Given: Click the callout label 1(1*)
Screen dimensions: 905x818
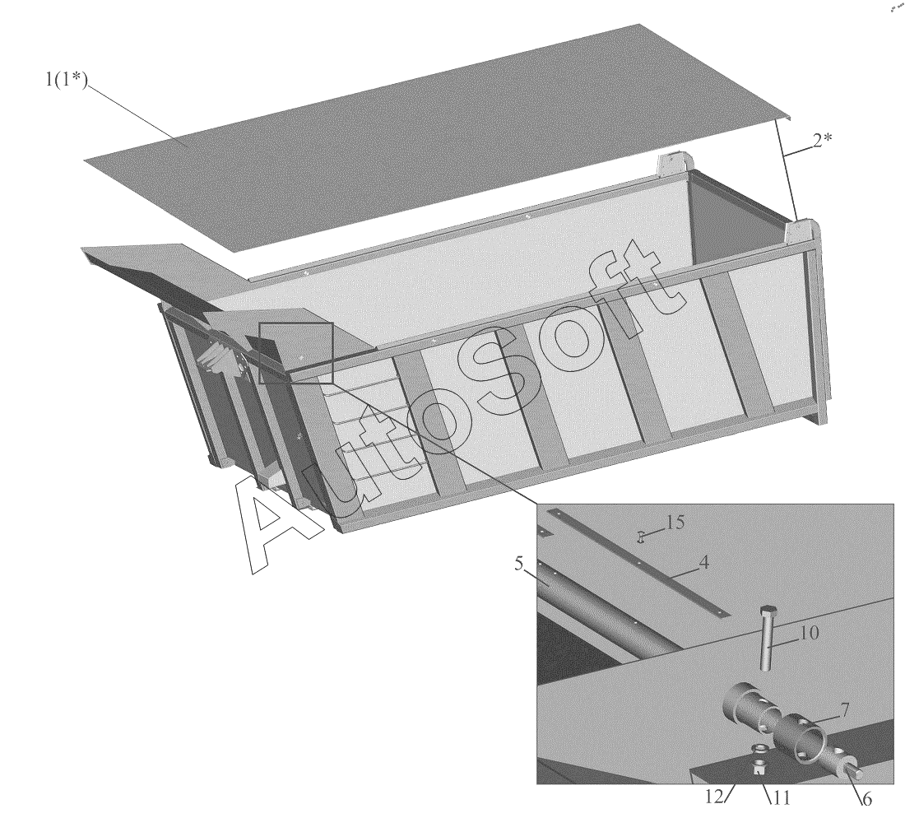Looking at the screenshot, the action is click(67, 79).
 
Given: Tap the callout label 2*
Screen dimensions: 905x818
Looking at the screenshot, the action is click(823, 139).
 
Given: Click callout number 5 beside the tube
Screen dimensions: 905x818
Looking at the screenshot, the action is click(519, 563).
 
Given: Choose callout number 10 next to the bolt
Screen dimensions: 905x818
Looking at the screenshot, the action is click(809, 633).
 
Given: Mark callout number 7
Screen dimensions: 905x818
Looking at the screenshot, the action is click(844, 709).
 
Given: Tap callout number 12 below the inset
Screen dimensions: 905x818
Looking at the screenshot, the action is click(714, 797).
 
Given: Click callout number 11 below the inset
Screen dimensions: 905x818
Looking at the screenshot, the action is click(780, 797).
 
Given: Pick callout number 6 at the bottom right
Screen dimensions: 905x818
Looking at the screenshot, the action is click(866, 799).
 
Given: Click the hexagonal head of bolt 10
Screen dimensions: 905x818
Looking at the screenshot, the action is click(768, 611).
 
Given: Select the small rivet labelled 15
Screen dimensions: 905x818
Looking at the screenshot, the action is click(641, 537).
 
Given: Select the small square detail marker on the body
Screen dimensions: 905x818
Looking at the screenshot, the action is click(296, 353).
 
